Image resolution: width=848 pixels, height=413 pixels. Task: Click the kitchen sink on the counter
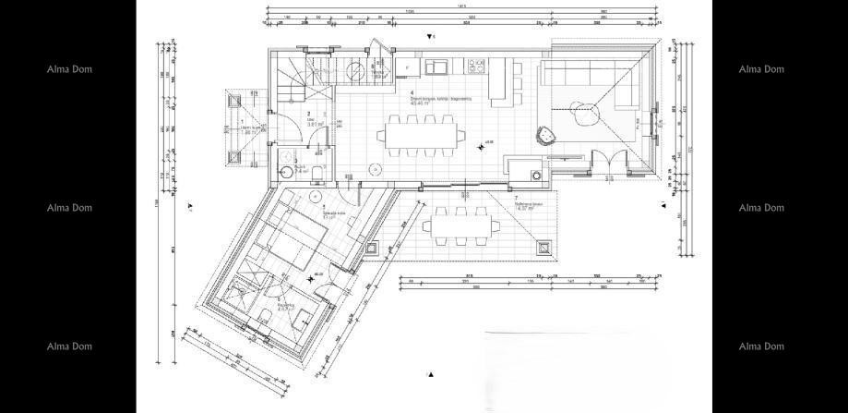pos(435,66)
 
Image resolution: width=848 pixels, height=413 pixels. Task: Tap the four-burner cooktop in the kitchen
pos(479,66)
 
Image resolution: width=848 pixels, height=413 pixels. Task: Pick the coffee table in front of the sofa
pos(585,115)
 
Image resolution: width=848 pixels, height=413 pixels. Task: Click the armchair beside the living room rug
pos(547,135)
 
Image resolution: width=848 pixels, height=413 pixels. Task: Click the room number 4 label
pos(411,92)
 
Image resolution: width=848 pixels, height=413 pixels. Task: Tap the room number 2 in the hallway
pos(308,115)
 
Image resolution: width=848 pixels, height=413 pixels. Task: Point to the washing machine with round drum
pos(535,173)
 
